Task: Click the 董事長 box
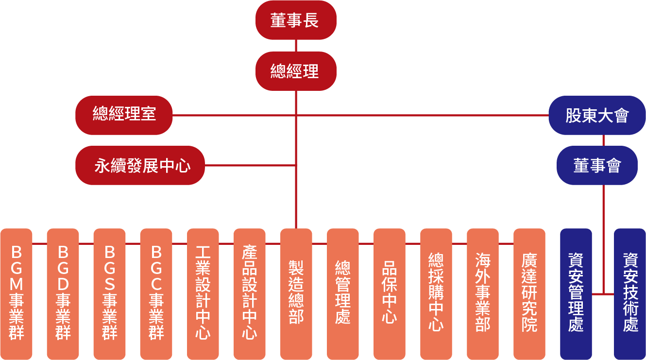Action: tap(296, 20)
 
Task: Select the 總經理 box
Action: tap(296, 71)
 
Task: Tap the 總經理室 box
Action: tap(124, 115)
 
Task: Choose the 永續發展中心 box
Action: tap(140, 166)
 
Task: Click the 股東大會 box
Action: tap(597, 115)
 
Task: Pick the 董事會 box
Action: tap(597, 166)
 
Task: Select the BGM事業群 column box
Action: tap(16, 293)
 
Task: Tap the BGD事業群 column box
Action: tap(63, 293)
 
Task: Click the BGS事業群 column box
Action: tap(109, 293)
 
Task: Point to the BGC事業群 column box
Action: tap(156, 293)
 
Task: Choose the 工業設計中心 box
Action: tap(203, 293)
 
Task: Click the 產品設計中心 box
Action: tap(249, 293)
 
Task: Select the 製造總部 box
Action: tap(296, 293)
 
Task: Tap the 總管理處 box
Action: tap(342, 293)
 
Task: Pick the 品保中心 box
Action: tap(389, 293)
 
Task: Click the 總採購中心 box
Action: tap(436, 293)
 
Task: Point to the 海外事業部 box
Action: tap(482, 293)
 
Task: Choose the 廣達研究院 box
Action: tap(529, 293)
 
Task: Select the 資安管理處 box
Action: tap(576, 293)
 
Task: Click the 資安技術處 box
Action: tap(630, 293)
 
